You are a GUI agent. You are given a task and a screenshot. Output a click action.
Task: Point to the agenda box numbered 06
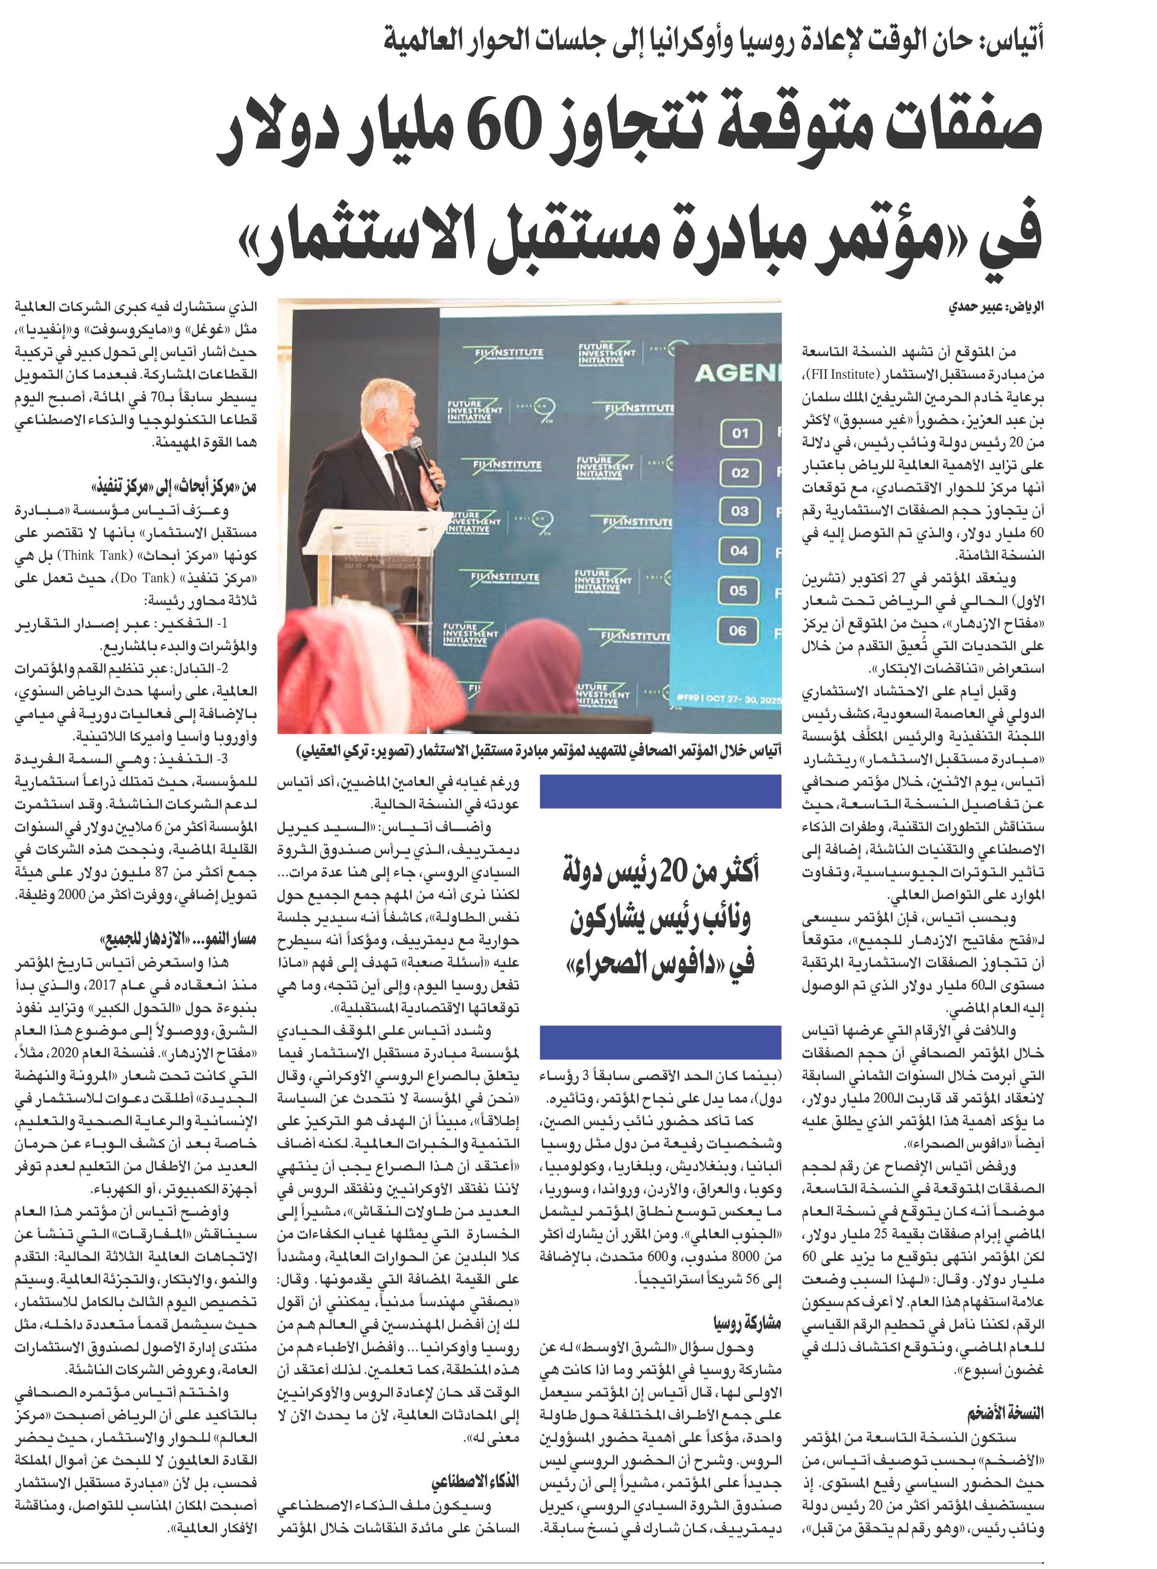click(x=738, y=631)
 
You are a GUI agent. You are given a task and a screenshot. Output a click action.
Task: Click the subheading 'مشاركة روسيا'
click(x=747, y=1324)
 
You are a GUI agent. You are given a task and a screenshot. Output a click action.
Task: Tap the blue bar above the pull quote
click(x=660, y=791)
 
